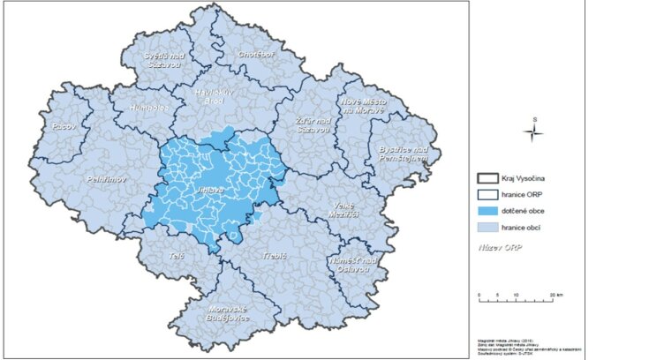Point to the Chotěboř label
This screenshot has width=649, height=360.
(256, 55)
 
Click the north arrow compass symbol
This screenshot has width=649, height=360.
(532, 132)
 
